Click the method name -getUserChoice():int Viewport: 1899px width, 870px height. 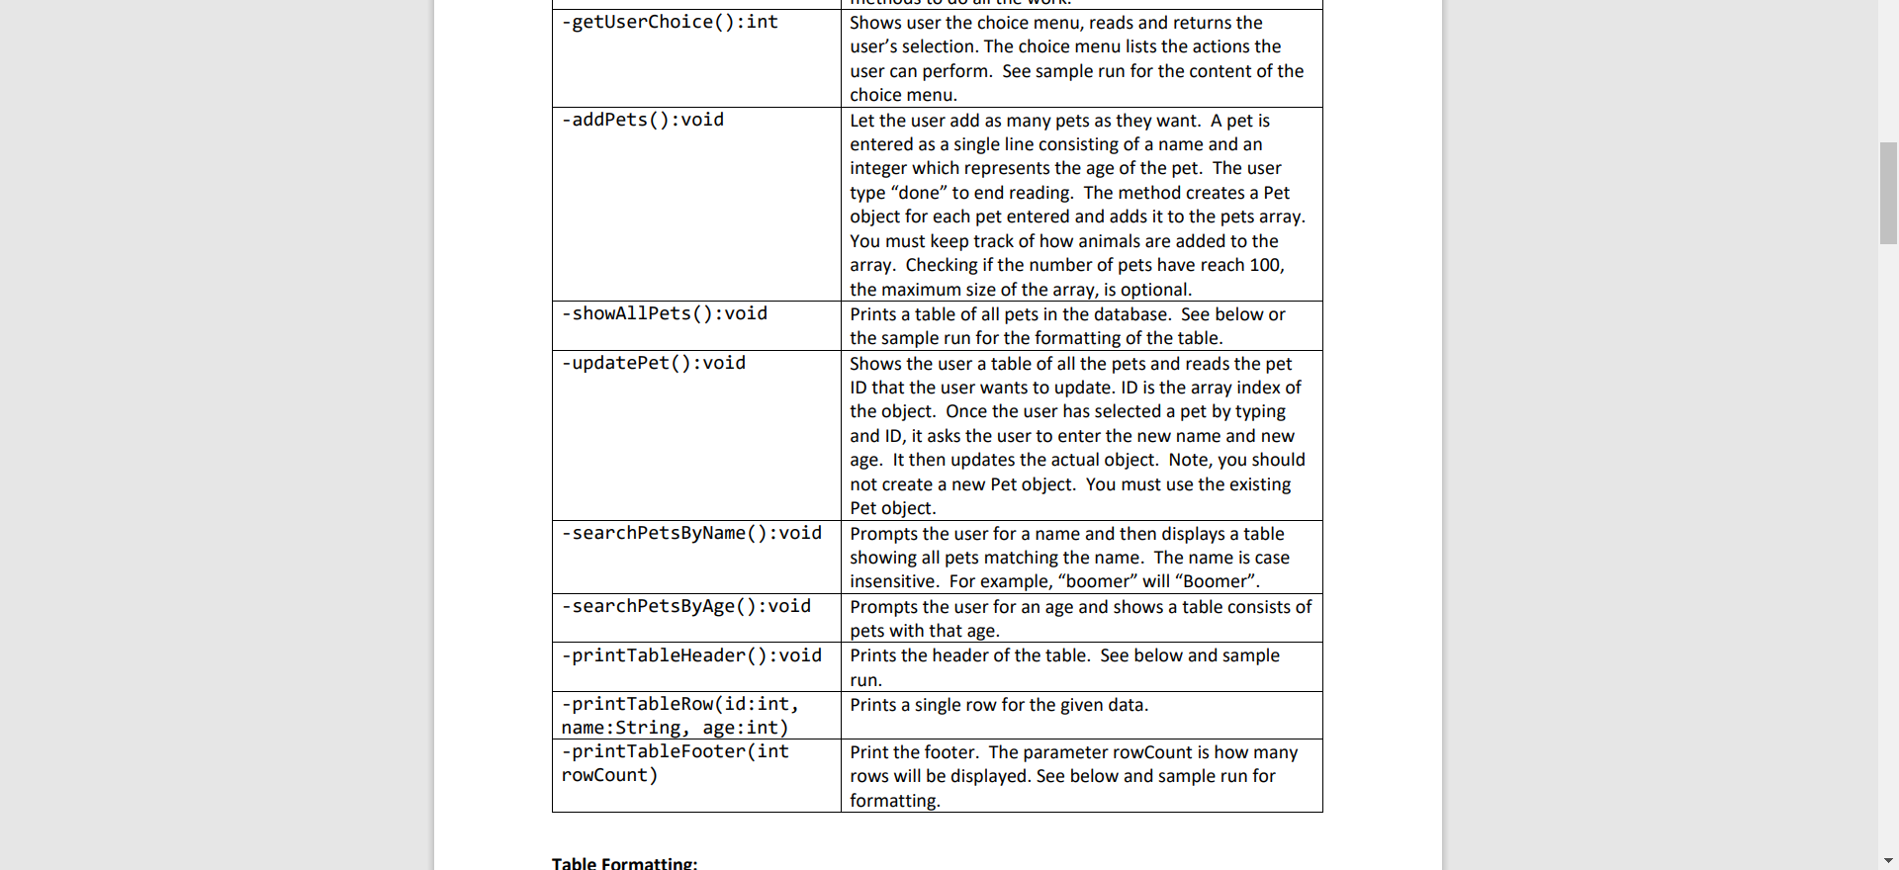670,22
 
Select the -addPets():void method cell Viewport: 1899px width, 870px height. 643,120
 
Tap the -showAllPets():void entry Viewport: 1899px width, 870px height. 665,313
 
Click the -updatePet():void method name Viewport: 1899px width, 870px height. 654,363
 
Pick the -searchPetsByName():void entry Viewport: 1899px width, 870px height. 691,533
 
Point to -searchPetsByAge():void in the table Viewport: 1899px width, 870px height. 686,606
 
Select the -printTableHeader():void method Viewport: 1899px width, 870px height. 691,655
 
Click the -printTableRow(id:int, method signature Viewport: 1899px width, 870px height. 679,704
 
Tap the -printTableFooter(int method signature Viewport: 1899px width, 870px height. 675,751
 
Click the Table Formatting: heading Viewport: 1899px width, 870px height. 624,863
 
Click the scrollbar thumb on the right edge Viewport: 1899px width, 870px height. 1888,193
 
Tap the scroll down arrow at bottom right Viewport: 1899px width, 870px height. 1888,860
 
